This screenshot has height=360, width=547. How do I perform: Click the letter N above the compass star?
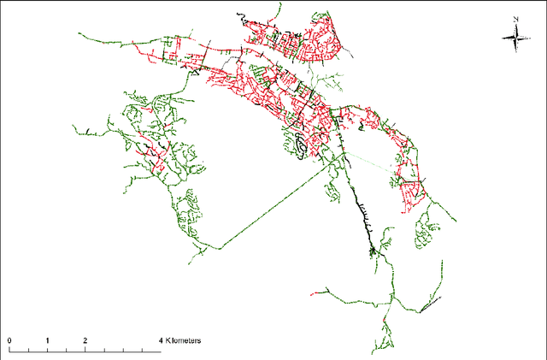pos(517,19)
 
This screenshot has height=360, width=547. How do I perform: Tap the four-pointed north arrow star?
pos(515,35)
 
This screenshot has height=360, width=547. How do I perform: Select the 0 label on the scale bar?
pos(9,340)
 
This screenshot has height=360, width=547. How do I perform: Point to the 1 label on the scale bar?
pos(48,340)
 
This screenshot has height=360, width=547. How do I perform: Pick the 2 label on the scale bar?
pos(85,340)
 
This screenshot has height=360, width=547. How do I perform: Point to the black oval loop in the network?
pos(302,149)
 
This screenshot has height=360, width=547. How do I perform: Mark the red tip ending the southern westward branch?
pos(316,292)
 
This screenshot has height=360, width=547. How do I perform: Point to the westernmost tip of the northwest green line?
pos(79,34)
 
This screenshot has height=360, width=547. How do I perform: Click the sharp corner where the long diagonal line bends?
pos(221,248)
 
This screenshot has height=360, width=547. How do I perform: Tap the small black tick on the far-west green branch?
pos(88,130)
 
